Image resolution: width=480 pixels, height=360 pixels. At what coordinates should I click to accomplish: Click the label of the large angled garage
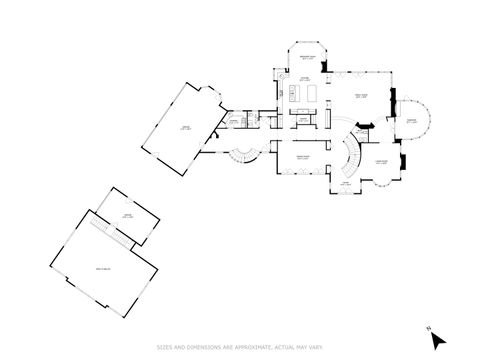click(x=186, y=127)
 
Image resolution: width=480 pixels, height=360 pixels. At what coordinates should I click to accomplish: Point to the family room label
click(x=363, y=97)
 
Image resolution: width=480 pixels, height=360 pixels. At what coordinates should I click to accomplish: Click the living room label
click(x=380, y=162)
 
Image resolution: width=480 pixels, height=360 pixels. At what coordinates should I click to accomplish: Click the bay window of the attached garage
click(x=211, y=97)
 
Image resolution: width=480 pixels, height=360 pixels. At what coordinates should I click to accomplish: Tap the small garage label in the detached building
click(x=127, y=216)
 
